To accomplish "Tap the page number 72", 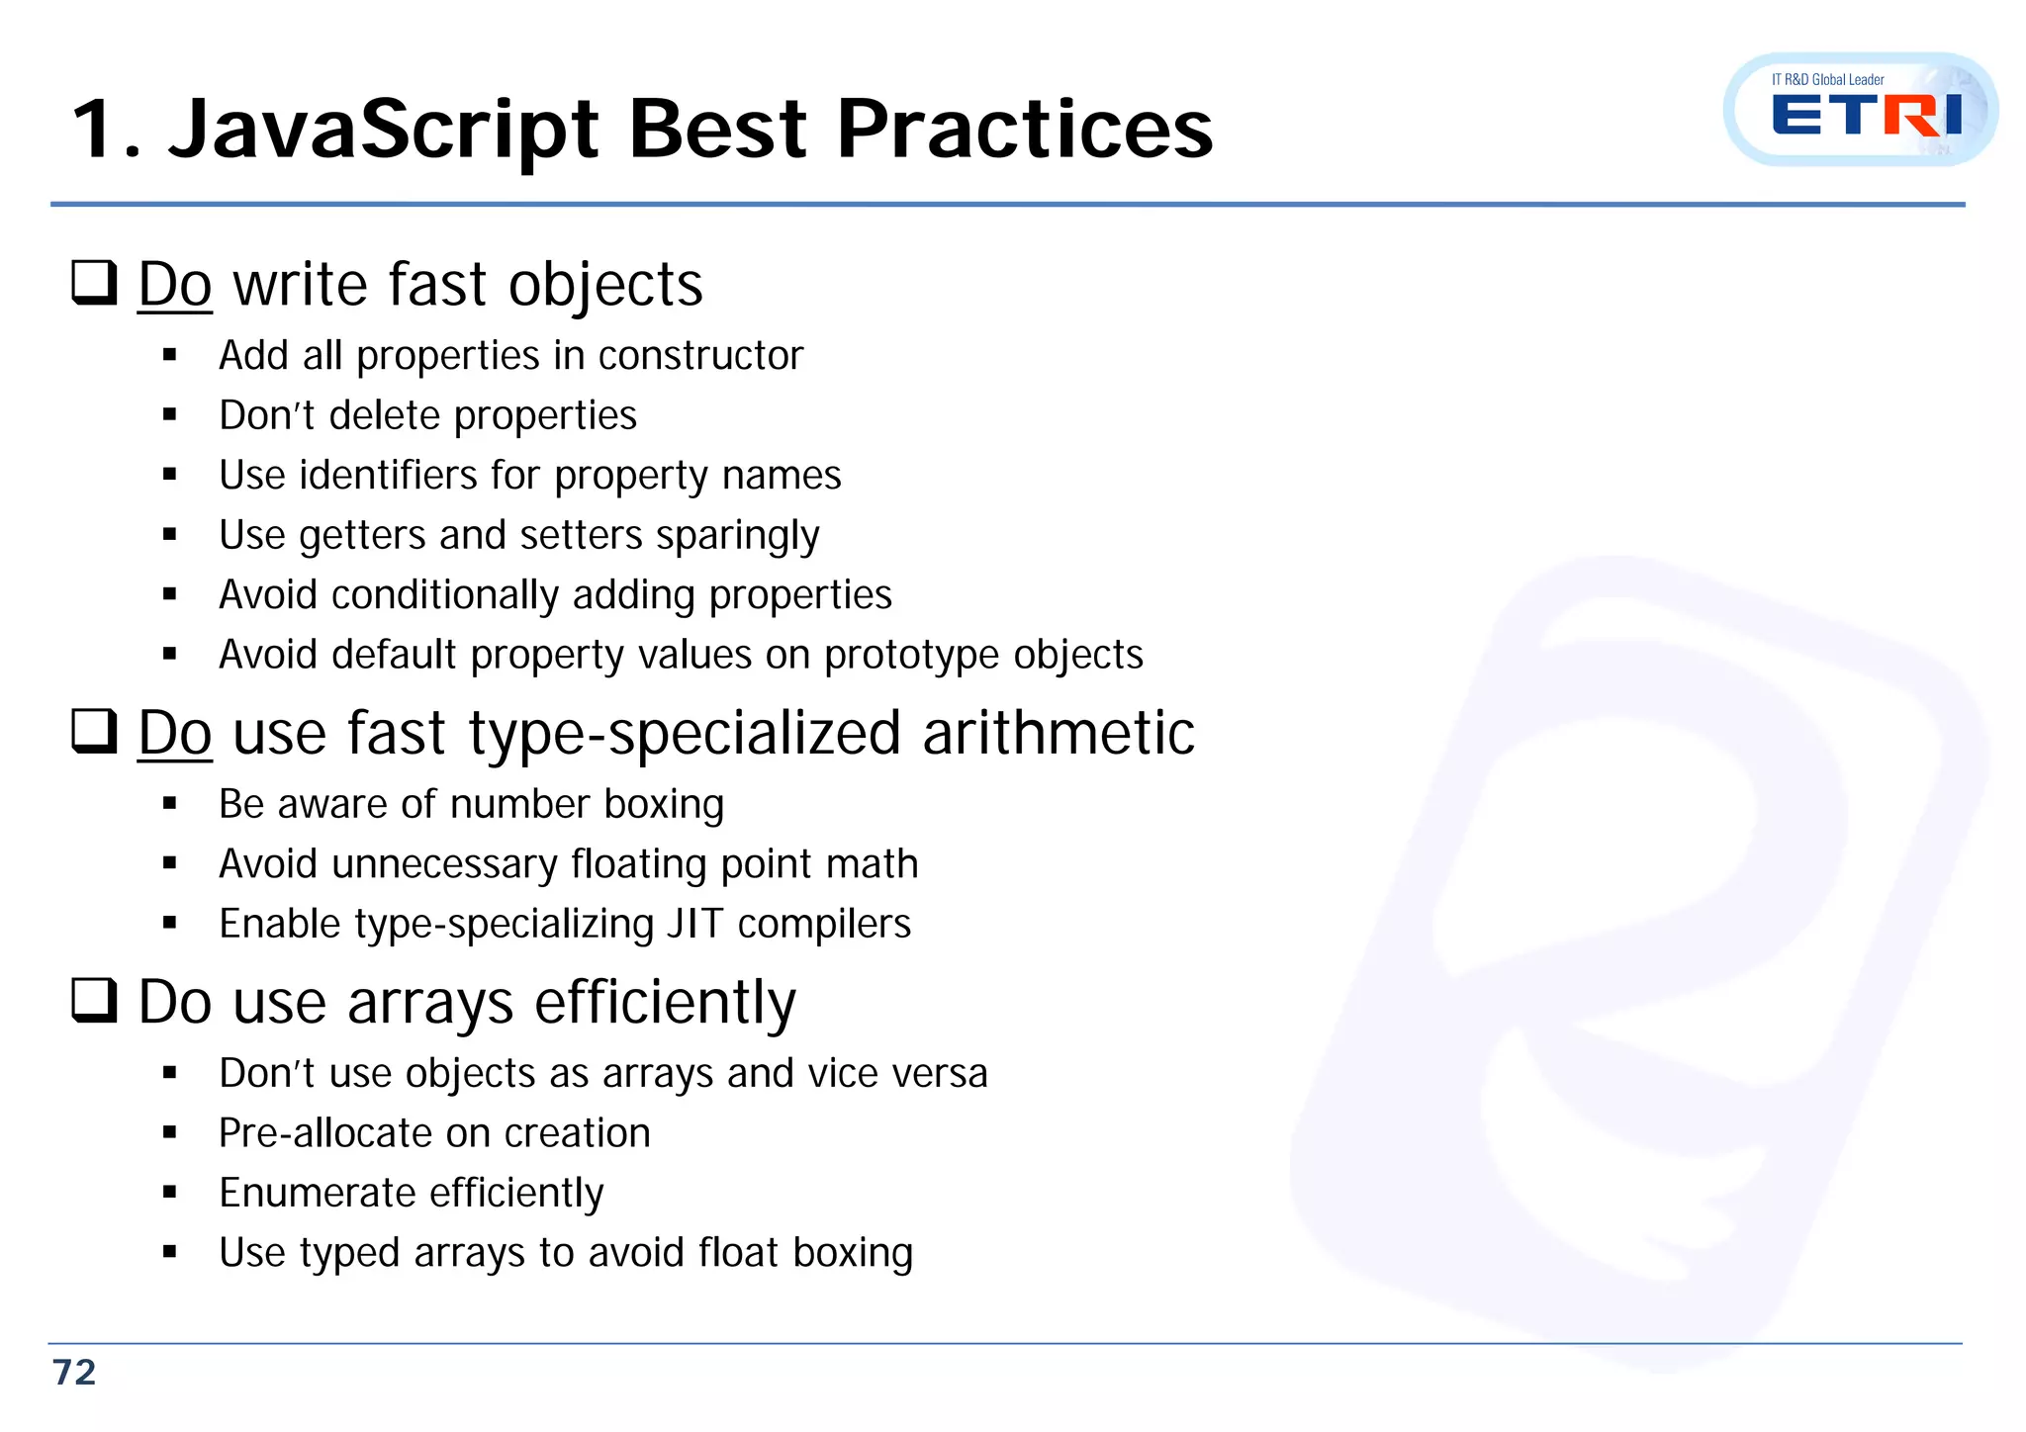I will [74, 1373].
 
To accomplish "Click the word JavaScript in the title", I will [384, 131].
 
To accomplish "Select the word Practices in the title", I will [1025, 131].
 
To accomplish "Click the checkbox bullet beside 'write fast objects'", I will [95, 283].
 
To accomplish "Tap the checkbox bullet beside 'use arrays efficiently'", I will [95, 1001].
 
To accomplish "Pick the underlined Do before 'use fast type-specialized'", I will [175, 733].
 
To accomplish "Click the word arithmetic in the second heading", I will [1059, 733].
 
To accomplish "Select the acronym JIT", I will [695, 924].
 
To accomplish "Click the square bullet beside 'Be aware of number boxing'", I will [170, 805].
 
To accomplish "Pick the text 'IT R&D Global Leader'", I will [1827, 79].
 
